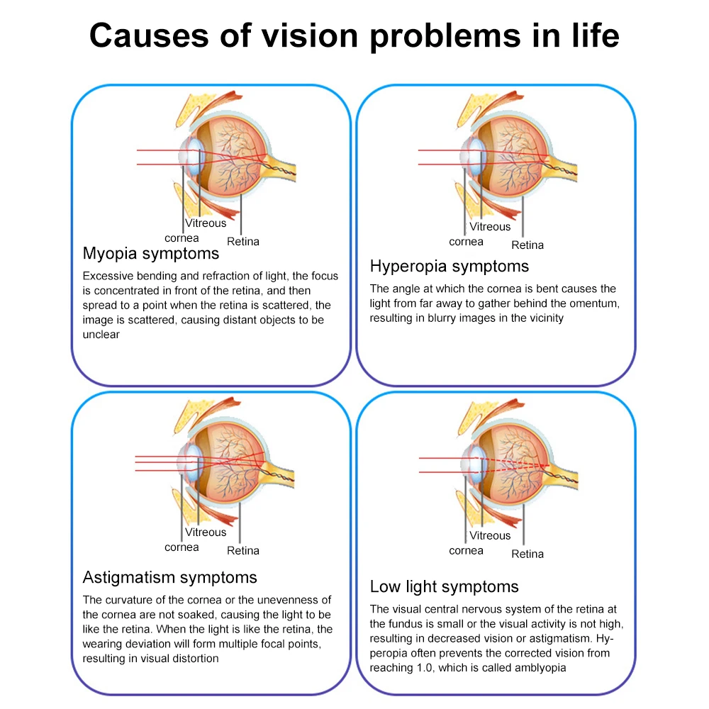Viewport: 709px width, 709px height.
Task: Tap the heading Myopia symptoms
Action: (x=151, y=254)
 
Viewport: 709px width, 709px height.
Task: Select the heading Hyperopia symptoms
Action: (x=450, y=267)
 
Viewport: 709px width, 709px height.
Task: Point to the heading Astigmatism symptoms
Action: (x=170, y=577)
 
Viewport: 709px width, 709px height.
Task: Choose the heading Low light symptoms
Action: (x=445, y=587)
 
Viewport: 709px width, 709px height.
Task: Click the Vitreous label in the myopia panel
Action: (x=206, y=223)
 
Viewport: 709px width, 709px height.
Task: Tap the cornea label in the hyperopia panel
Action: (x=466, y=242)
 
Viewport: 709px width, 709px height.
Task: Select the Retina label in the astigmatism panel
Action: (x=243, y=550)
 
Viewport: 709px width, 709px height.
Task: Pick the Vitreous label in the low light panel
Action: (x=490, y=536)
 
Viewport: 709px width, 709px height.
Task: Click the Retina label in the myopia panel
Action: (x=243, y=241)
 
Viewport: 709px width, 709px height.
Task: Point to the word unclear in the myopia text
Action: (x=101, y=335)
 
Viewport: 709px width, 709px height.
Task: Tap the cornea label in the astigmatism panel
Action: (x=182, y=547)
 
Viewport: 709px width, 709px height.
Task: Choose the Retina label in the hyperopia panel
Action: (x=527, y=245)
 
